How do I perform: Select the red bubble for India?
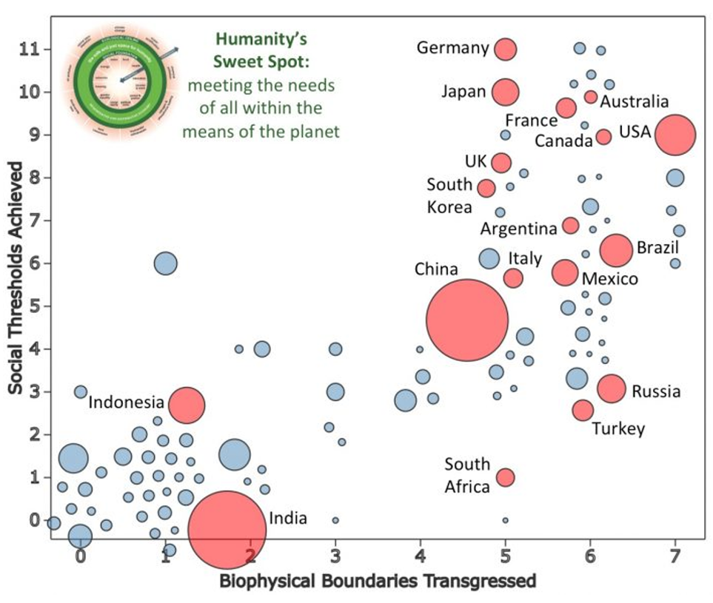tap(227, 530)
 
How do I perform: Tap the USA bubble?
tap(675, 135)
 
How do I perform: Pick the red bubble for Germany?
tap(506, 50)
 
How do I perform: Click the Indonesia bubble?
tap(187, 405)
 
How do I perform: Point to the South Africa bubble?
tap(506, 477)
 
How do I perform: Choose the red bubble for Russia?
tap(612, 388)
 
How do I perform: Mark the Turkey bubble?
tap(583, 410)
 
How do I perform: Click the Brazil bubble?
tap(616, 251)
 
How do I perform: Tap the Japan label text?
tap(463, 92)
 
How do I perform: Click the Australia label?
tap(634, 101)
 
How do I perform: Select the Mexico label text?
tap(610, 279)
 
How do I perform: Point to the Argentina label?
tap(518, 229)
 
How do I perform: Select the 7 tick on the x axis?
tap(675, 554)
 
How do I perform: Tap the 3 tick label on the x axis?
tap(335, 554)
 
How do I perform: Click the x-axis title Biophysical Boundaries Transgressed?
tap(378, 582)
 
